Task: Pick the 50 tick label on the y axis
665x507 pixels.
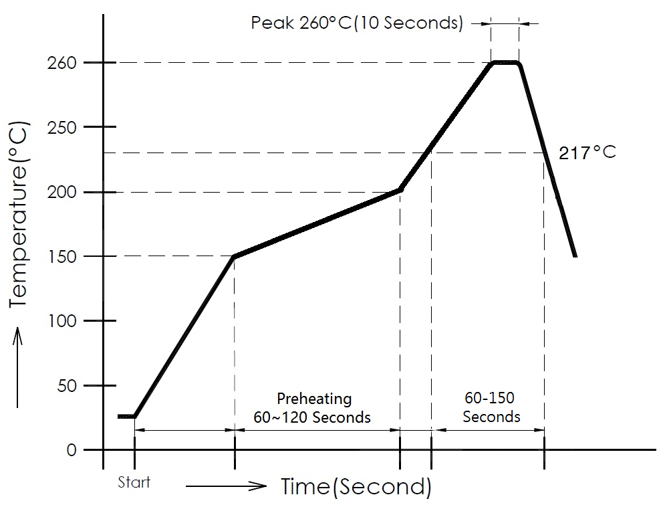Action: point(68,386)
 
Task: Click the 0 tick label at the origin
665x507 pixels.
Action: point(72,450)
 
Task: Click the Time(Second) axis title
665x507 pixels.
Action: point(356,486)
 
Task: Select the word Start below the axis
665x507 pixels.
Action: point(134,482)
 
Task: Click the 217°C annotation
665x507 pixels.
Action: point(587,153)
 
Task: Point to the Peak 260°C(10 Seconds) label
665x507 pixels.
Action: point(357,23)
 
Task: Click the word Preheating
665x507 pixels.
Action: point(314,399)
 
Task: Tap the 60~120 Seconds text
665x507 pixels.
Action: point(312,417)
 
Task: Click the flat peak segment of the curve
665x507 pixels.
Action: point(506,63)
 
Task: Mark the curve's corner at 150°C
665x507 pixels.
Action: point(233,257)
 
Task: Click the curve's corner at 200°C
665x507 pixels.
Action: point(400,191)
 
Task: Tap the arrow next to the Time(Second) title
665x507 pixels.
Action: point(227,486)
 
